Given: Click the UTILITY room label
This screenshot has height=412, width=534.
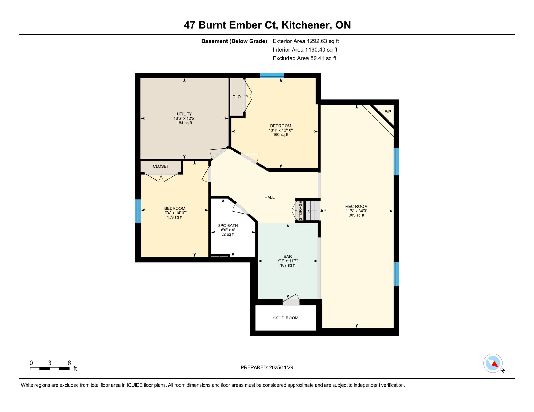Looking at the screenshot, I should click(x=184, y=114).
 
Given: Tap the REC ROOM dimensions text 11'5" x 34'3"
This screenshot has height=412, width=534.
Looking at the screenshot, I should click(x=356, y=211).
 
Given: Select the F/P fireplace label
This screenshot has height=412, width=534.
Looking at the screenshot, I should click(x=388, y=112).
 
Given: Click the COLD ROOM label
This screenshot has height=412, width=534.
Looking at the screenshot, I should click(x=286, y=318).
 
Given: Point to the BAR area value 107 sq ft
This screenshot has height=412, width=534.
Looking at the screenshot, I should click(x=287, y=265).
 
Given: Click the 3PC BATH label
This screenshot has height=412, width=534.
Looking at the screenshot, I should click(x=228, y=226).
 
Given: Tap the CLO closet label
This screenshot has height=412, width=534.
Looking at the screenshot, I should click(x=236, y=97).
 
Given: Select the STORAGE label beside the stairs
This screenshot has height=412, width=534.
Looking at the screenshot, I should click(x=300, y=211).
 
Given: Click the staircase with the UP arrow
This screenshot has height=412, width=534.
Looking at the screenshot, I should click(x=312, y=211).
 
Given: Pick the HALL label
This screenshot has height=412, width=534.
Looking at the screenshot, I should click(x=269, y=198).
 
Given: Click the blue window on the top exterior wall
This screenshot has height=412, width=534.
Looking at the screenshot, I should click(x=272, y=75).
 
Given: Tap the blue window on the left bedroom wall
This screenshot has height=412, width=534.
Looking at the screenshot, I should click(x=138, y=211).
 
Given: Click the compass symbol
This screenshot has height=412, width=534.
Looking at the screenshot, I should click(x=493, y=363).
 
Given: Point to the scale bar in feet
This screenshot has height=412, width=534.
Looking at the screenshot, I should click(x=50, y=369).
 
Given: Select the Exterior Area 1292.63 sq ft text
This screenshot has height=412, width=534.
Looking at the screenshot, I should click(x=306, y=41).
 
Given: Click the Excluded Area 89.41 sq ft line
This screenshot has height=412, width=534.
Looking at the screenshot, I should click(x=304, y=58).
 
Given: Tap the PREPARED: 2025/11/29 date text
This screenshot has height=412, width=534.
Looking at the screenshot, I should click(x=267, y=367).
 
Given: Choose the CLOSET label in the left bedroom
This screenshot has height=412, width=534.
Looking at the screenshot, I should click(x=161, y=166).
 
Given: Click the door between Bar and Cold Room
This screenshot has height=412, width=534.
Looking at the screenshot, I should click(x=291, y=301).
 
